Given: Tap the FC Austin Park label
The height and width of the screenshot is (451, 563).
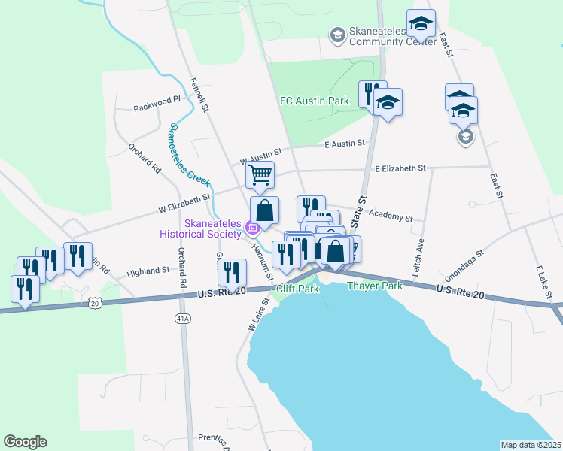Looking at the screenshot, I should tap(315, 100).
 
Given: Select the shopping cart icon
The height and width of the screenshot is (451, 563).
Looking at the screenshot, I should tap(260, 175).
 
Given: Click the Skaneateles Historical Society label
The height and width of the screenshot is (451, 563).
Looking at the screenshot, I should tap(212, 227).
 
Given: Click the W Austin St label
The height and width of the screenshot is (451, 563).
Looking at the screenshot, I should tap(260, 156).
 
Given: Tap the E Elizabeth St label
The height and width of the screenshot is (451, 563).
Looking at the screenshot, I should tap(400, 168).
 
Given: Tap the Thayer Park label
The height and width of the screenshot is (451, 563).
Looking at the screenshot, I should tap(375, 286).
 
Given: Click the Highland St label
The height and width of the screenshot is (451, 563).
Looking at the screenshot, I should tap(148, 271).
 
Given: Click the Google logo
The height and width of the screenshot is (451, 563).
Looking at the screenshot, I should tap(25, 442).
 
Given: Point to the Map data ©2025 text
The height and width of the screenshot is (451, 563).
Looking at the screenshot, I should tap(531, 445).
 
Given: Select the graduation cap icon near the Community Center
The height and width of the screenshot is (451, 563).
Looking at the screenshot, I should tap(421, 26).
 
